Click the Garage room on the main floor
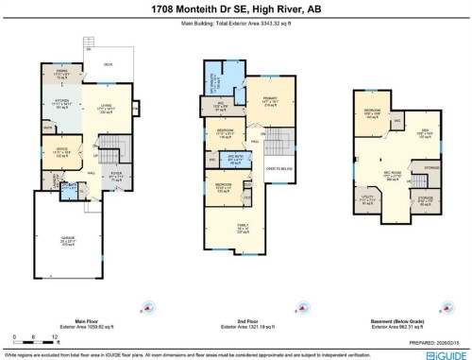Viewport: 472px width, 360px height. [x=65, y=241]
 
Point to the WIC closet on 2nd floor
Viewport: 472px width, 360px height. [x=224, y=107]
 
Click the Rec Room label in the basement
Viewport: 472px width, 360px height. [x=391, y=176]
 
